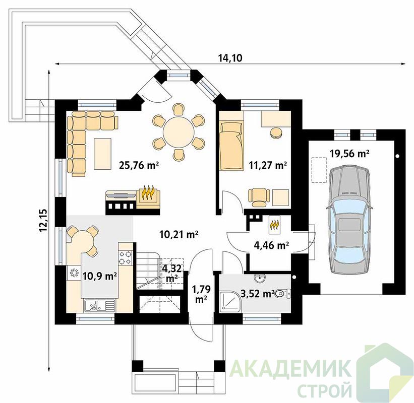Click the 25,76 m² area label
click(x=139, y=165)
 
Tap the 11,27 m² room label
click(x=268, y=165)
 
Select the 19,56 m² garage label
click(x=349, y=153)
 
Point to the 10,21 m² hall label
click(x=179, y=234)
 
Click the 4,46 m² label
click(x=271, y=245)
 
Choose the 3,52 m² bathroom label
click(x=256, y=293)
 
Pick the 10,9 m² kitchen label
click(x=100, y=277)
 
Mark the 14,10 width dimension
click(x=230, y=58)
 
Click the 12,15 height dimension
click(x=43, y=221)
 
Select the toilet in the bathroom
click(x=283, y=293)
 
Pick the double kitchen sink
click(x=99, y=306)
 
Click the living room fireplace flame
click(x=148, y=193)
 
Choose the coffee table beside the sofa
click(x=102, y=154)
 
